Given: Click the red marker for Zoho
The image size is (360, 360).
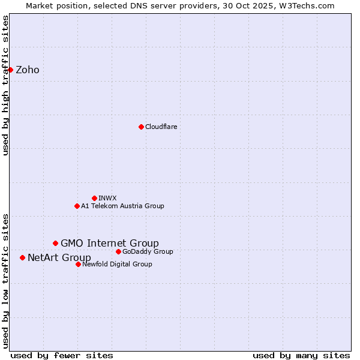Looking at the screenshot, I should [10, 70].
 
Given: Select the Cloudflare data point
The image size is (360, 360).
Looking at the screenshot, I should [141, 127].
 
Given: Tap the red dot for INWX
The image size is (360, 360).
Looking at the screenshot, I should [94, 198].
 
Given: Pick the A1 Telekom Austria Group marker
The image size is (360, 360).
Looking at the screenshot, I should [77, 206].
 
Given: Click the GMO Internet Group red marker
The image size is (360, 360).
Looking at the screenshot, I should [55, 243].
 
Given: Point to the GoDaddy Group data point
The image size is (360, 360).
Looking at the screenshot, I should [118, 251].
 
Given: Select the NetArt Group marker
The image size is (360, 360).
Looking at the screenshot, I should [22, 257].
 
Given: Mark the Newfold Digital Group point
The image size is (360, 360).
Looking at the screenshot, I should [78, 264].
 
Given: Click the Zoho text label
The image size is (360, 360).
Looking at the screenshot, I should [28, 70].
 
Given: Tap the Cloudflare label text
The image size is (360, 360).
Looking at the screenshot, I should [161, 127].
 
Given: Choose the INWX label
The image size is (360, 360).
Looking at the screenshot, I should [108, 198].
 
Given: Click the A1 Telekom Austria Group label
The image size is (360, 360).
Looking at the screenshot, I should [122, 206].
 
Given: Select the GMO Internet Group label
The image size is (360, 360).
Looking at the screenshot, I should [110, 243].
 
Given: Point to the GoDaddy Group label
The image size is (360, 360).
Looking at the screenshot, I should [148, 251].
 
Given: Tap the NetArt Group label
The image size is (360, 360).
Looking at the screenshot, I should [59, 257].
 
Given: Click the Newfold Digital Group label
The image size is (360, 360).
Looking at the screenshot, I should [117, 264].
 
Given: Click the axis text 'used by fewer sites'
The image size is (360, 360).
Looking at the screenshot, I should [62, 355].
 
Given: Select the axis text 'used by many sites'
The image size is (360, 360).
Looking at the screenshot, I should [301, 355].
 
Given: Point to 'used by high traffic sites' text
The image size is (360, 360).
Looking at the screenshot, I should [6, 85].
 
